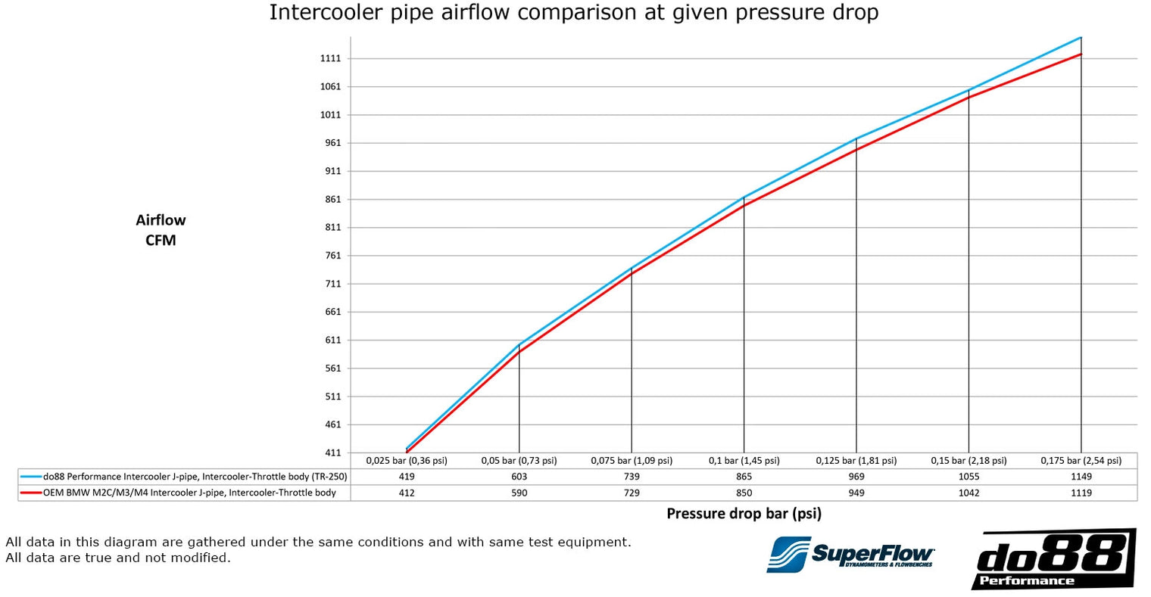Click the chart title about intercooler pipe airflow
574,13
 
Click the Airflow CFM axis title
161,230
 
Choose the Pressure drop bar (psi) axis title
744,514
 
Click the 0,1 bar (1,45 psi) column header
744,461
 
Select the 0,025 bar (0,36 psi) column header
407,461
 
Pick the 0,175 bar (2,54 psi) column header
1081,461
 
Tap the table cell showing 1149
1081,477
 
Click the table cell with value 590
519,493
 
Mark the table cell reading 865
744,477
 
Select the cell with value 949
856,493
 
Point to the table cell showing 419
407,477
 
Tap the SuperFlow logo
850,555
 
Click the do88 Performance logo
1053,559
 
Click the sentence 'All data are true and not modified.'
117,558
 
